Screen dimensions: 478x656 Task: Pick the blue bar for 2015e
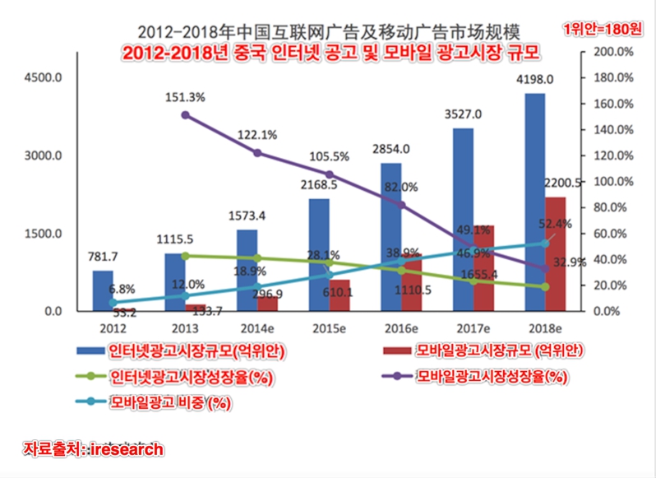coord(319,254)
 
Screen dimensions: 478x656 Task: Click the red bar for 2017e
coord(484,267)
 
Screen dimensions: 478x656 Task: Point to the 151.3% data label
coord(185,97)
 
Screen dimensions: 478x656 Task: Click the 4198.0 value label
coord(534,80)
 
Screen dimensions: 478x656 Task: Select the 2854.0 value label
coord(391,149)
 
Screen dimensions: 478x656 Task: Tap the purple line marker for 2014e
coord(257,153)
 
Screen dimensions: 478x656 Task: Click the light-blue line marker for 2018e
coord(544,243)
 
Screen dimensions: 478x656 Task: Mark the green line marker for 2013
coord(185,256)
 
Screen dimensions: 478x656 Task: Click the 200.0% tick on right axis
coord(612,52)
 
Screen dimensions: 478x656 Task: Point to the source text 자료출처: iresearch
coord(94,449)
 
